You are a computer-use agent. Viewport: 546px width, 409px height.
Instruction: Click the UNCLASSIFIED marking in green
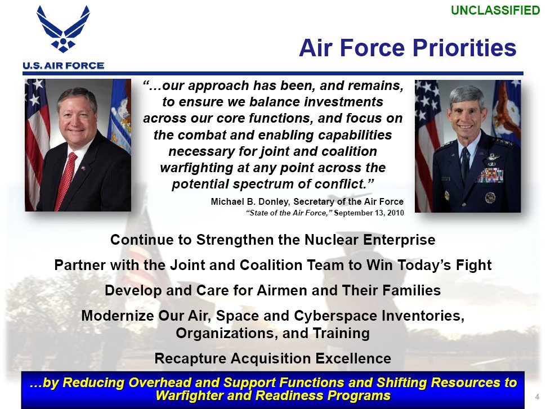point(495,10)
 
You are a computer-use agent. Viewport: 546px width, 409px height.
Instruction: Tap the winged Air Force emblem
point(63,29)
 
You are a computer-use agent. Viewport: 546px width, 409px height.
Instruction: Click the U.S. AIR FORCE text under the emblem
point(64,65)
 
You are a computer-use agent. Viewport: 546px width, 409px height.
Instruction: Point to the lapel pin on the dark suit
point(83,169)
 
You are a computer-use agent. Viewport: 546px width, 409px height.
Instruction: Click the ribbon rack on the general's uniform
point(490,176)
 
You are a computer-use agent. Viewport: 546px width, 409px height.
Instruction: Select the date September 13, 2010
point(369,213)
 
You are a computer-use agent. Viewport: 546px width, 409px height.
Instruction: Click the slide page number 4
point(537,397)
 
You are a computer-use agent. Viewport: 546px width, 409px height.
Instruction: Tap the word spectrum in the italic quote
point(261,184)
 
